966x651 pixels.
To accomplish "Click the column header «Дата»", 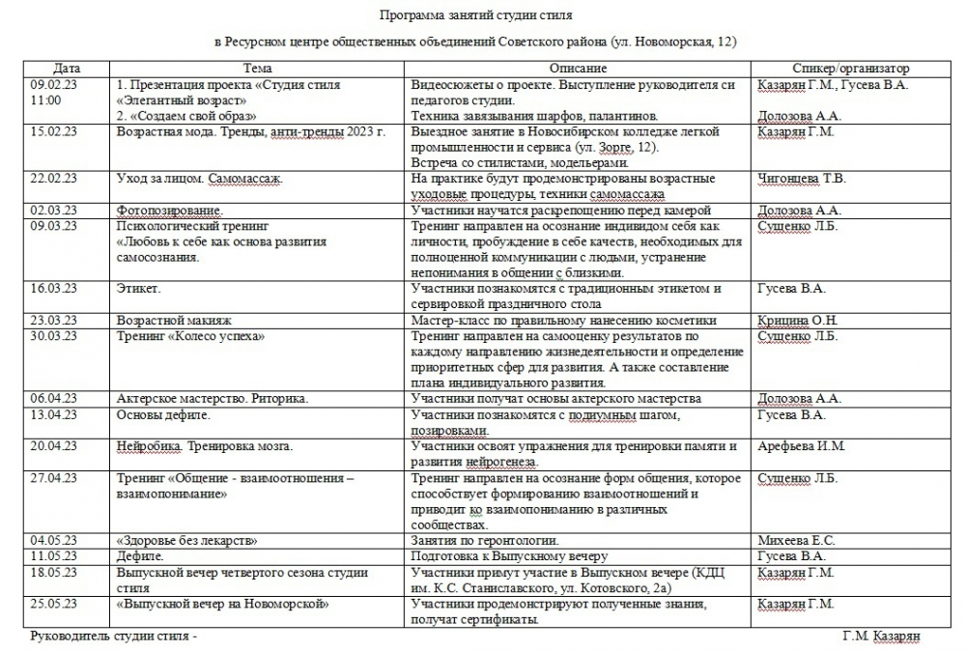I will [67, 69].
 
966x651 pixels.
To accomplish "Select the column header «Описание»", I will [578, 69].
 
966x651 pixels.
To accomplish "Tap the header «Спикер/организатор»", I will [850, 69].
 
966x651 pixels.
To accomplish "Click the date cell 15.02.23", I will [54, 131].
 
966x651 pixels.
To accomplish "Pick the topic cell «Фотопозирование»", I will [169, 210].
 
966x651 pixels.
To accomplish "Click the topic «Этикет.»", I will [139, 288].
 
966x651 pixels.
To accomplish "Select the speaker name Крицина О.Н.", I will [798, 321].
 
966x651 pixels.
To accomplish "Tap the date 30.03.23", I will [54, 336].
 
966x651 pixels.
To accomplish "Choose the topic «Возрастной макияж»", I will [175, 321].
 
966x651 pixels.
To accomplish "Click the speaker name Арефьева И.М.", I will [802, 446].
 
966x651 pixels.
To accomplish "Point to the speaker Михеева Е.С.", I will [797, 541].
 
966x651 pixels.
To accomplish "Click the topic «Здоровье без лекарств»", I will [186, 541].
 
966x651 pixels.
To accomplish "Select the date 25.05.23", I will [54, 604].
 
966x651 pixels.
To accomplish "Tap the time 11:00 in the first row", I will [45, 100].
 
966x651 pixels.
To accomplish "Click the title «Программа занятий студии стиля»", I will [475, 16].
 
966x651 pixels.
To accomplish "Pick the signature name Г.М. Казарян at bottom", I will [881, 637].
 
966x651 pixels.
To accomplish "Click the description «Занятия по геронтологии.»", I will [485, 541].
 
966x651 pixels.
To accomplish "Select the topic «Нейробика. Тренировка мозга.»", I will [204, 446].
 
